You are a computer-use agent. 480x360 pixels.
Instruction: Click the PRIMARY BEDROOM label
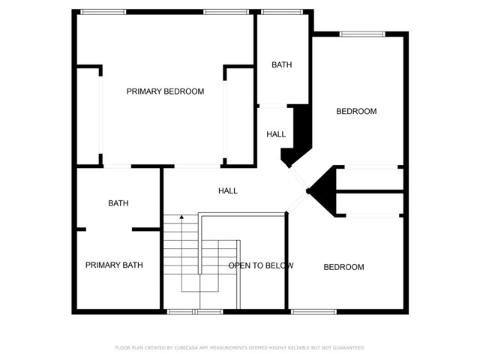tap(165, 91)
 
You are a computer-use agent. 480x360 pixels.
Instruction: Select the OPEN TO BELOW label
tap(261, 265)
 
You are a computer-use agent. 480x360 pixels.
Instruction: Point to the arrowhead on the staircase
tap(181, 217)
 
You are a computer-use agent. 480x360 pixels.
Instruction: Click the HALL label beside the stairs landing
tap(228, 191)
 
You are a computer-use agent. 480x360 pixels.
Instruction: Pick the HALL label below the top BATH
tap(276, 134)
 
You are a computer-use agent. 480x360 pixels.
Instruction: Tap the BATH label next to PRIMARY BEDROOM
tap(282, 65)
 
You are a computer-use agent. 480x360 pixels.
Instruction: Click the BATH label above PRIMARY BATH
tap(118, 203)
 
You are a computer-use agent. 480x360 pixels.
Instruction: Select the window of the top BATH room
tap(282, 12)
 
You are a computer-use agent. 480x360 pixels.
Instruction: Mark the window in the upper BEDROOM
tap(362, 34)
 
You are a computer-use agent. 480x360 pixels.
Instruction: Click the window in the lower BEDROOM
tap(313, 312)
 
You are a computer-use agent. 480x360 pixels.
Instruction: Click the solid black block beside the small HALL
tap(296, 136)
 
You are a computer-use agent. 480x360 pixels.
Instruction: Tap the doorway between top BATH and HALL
tap(273, 106)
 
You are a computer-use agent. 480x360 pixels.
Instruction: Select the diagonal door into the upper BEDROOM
tap(298, 178)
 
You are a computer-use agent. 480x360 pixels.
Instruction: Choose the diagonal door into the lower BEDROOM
tap(298, 202)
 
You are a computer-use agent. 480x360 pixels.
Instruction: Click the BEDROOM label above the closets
tap(356, 112)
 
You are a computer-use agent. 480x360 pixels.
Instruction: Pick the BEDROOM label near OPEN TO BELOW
tap(343, 267)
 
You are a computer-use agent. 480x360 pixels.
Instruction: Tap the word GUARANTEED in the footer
tap(349, 348)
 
